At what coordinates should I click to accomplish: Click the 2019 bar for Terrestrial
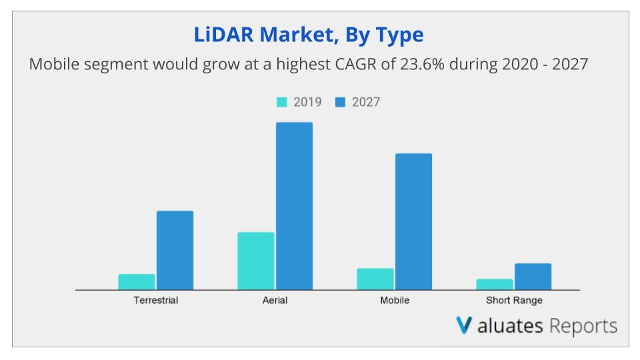point(137,282)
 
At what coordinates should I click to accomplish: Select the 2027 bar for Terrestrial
point(175,251)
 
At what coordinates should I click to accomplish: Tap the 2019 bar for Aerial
point(256,261)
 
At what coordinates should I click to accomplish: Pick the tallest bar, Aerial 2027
point(294,206)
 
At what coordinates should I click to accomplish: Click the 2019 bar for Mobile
point(375,279)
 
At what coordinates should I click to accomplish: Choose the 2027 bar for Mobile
point(413,222)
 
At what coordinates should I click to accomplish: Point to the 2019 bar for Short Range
point(495,285)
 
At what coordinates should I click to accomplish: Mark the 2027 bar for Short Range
point(533,277)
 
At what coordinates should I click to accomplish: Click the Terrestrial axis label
point(156,300)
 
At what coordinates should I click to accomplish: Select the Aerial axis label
point(275,300)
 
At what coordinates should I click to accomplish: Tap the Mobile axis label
point(395,300)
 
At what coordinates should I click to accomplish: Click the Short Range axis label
point(514,300)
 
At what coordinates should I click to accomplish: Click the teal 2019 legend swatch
point(282,102)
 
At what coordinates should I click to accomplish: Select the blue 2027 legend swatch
point(340,102)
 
